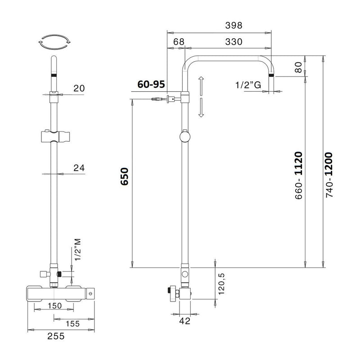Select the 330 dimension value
pyautogui.click(x=234, y=42)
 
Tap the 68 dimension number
pyautogui.click(x=179, y=42)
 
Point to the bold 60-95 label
pyautogui.click(x=151, y=84)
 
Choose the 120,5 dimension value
pyautogui.click(x=221, y=284)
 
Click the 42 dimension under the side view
pyautogui.click(x=185, y=321)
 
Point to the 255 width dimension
pyautogui.click(x=56, y=337)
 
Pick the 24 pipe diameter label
pyautogui.click(x=79, y=168)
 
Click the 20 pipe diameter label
pyautogui.click(x=79, y=88)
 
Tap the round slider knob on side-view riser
pyautogui.click(x=184, y=137)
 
